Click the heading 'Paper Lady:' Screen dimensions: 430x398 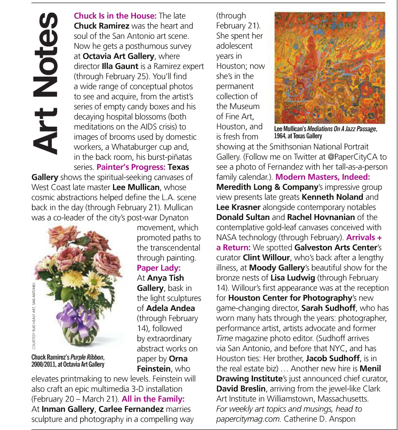click(x=154, y=268)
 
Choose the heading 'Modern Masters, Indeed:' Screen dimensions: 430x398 click(x=323, y=177)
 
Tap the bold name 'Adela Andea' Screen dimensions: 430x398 click(x=171, y=308)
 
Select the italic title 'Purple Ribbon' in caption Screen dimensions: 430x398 click(x=85, y=357)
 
